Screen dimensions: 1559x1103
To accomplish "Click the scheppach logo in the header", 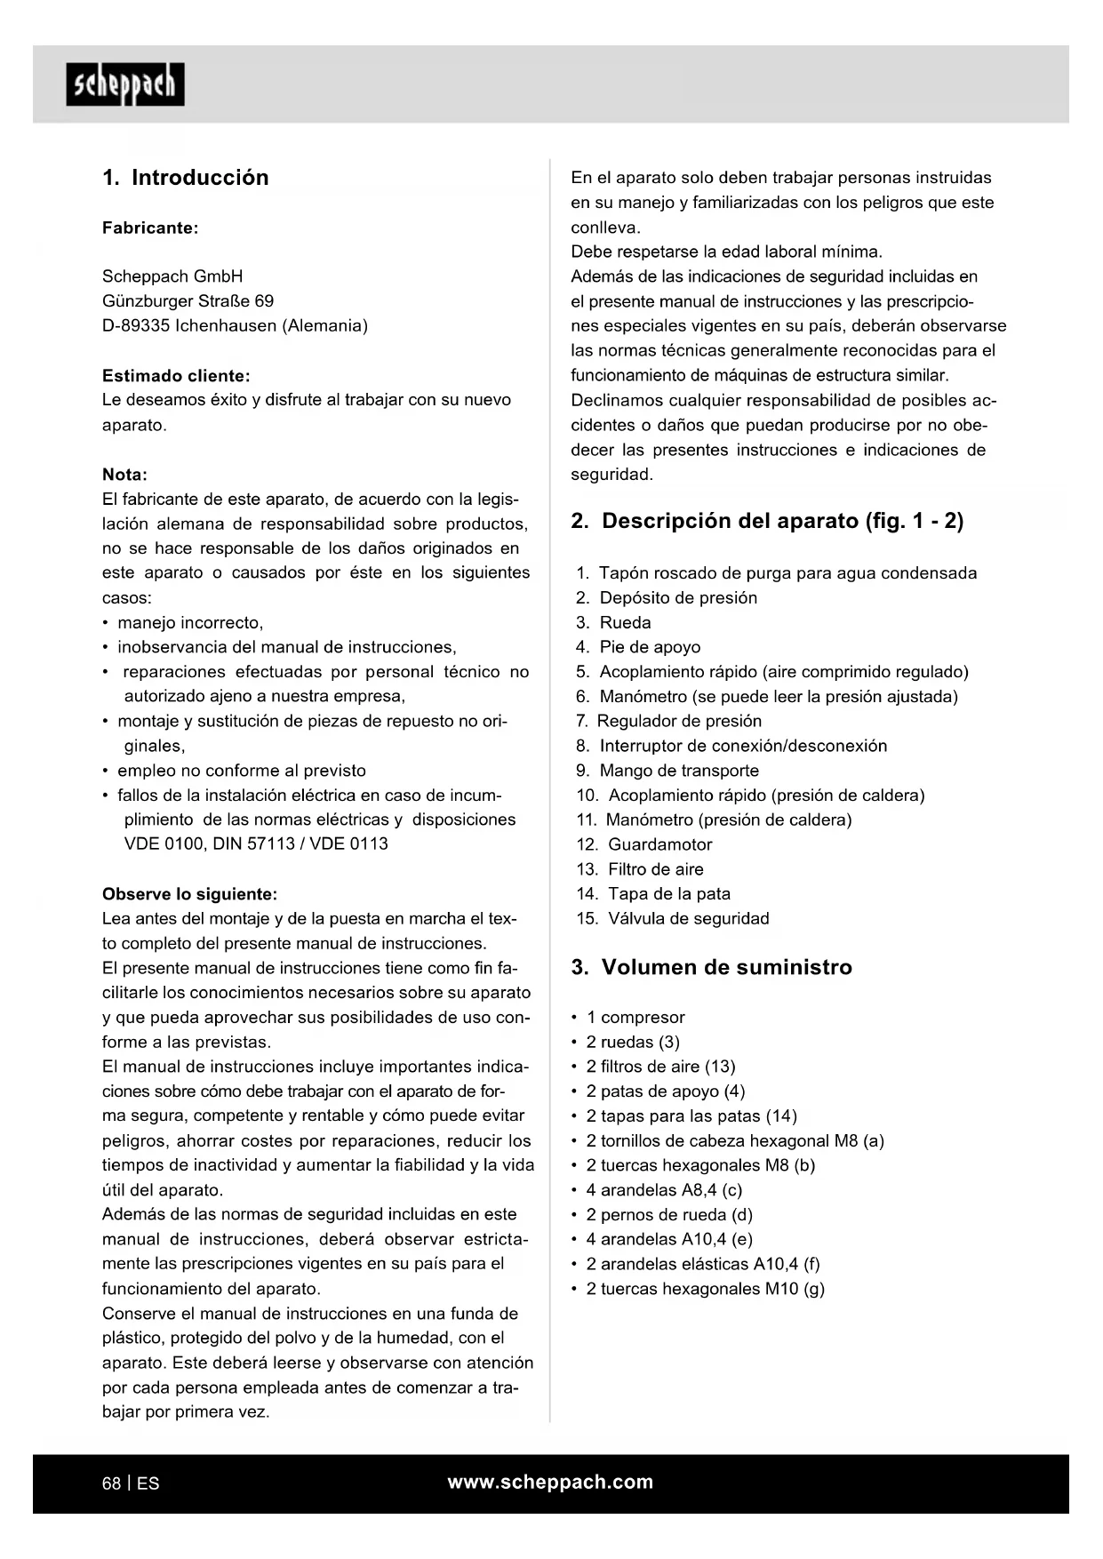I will coord(125,85).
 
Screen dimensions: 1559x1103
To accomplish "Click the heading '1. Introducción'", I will coord(185,178).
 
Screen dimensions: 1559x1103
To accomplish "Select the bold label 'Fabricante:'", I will coord(150,228).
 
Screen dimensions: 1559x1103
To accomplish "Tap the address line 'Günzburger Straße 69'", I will coord(188,301).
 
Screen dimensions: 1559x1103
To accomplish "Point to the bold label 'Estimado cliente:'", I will coord(176,376).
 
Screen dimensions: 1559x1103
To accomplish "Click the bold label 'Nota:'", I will coord(124,475).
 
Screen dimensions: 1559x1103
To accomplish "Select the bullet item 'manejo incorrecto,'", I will coord(190,623).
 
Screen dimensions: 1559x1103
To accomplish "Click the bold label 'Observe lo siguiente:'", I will coord(189,894).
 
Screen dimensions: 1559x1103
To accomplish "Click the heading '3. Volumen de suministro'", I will coord(711,967).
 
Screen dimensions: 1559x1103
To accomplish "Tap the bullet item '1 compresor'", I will coord(635,1018).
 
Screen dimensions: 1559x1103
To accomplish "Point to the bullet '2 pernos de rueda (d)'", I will coord(668,1215).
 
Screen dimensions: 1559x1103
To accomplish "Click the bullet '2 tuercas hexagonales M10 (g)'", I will coord(705,1289).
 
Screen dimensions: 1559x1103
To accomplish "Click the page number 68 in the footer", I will coord(112,1483).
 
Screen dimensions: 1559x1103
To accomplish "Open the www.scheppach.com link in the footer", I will coord(550,1482).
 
